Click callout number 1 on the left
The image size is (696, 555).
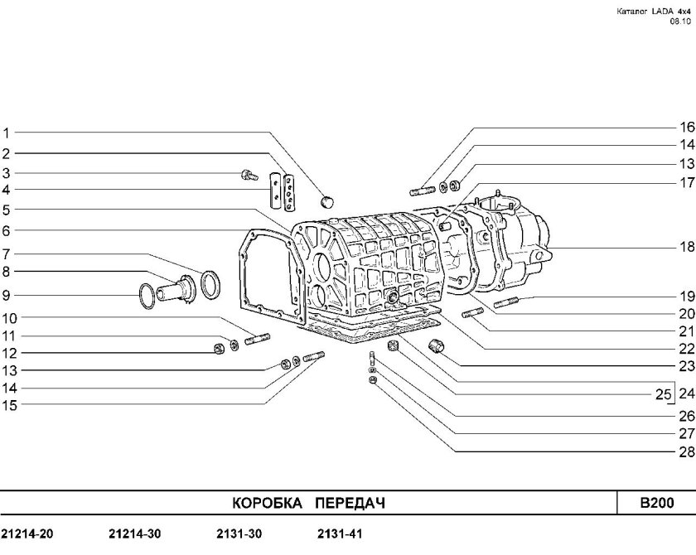(x=7, y=133)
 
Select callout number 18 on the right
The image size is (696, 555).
(x=687, y=246)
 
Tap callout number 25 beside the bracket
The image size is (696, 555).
(x=663, y=394)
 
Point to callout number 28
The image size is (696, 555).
(x=687, y=451)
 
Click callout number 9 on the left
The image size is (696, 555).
(x=6, y=296)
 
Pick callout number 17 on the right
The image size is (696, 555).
(x=687, y=182)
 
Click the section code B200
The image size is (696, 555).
(x=656, y=503)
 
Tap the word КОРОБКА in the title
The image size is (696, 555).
(x=267, y=503)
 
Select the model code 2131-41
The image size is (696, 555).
(x=340, y=533)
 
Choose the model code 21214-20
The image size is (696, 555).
(x=27, y=533)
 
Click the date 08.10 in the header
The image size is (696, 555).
(x=680, y=21)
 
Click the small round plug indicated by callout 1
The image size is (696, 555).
(x=327, y=201)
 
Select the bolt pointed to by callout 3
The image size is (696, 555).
(x=249, y=175)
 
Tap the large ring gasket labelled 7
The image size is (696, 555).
(x=210, y=284)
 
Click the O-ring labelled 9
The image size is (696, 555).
(x=147, y=296)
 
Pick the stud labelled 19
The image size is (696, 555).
(x=506, y=302)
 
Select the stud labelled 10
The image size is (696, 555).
(x=257, y=339)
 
